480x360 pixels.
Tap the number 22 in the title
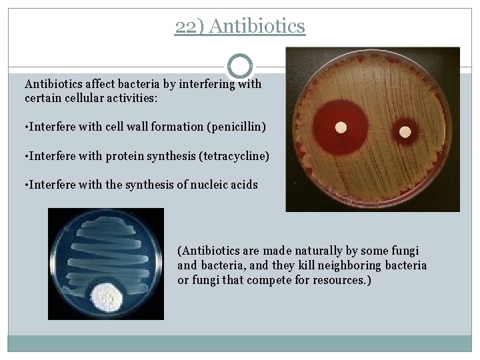click(x=185, y=26)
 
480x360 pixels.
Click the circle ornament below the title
click(x=240, y=66)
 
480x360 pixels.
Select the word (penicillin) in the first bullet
click(x=237, y=127)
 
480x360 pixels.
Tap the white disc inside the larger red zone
click(x=341, y=127)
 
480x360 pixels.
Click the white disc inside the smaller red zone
click(x=404, y=131)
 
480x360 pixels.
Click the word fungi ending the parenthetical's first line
click(x=405, y=251)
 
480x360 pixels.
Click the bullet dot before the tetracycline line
click(x=26, y=156)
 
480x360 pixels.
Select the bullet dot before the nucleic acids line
click(x=26, y=185)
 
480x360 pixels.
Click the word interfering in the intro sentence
click(x=203, y=85)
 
